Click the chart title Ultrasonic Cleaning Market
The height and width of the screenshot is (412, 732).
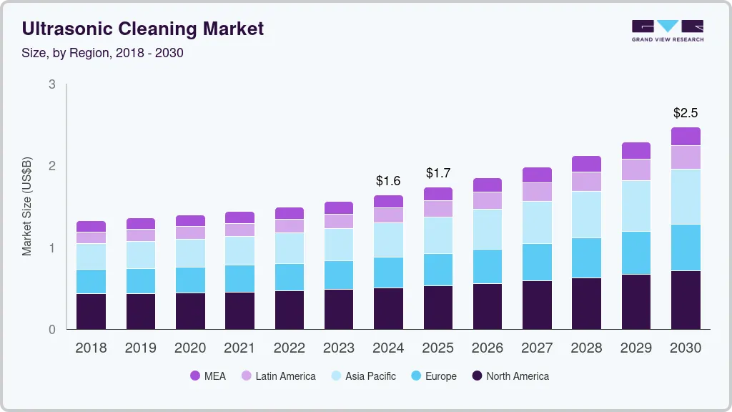coord(143,29)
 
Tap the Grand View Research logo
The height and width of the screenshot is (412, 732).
coord(667,30)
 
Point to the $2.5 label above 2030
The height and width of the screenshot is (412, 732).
coord(686,113)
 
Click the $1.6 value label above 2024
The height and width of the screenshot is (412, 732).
coord(388,181)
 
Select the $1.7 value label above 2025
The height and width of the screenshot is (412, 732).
coord(438,173)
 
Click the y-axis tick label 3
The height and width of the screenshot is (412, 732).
coord(51,84)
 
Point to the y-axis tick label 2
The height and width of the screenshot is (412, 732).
coord(51,166)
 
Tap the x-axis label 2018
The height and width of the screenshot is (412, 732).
coord(91,348)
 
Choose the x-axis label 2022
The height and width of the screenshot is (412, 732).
coord(290,348)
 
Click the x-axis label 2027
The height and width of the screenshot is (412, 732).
coord(537,348)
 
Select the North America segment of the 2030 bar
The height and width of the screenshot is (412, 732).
coord(686,300)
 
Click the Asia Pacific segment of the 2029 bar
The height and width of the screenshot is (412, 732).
coord(636,206)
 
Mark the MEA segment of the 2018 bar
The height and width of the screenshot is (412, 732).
coord(91,227)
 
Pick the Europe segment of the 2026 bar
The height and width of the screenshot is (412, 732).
coord(488,266)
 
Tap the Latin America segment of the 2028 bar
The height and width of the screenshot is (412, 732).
coord(587,182)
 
